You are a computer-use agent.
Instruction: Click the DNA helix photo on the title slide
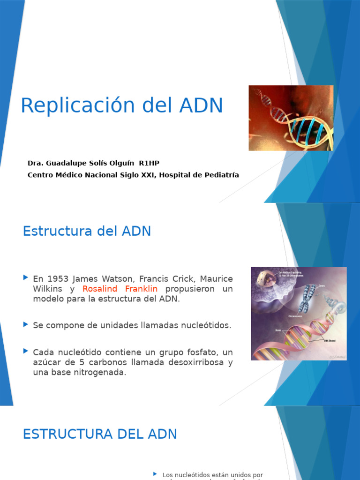291,118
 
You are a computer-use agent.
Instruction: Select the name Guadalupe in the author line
66,163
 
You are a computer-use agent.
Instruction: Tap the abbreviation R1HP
149,163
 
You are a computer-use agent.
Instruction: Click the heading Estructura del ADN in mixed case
87,231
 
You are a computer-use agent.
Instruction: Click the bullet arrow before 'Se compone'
26,324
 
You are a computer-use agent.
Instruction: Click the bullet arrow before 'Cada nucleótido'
26,351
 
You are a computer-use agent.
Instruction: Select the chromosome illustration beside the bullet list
299,314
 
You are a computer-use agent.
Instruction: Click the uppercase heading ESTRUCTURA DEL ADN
100,434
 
